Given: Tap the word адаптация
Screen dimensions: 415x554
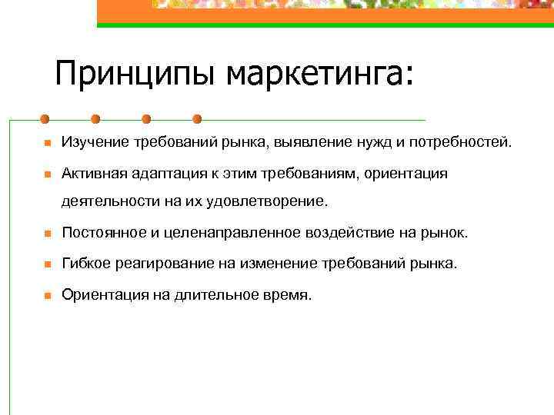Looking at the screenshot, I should coord(168,174).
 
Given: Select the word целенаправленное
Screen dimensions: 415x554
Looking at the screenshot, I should coord(226,233).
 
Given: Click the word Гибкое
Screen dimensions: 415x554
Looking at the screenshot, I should coord(86,264).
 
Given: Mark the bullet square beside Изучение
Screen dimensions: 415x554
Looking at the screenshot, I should coord(46,144).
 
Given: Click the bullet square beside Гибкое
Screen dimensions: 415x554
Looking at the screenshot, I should coord(46,264).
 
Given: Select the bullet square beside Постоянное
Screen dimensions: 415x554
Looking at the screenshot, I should coord(46,234).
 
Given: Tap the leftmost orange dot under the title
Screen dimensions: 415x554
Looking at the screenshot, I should coord(45,120).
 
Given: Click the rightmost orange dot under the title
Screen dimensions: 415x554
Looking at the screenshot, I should coord(197,120).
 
